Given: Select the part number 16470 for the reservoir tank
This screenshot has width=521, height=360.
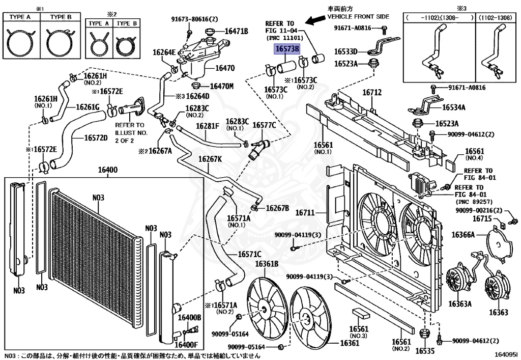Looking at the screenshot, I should pyautogui.click(x=225, y=68).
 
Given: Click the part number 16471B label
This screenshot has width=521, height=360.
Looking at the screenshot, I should pyautogui.click(x=236, y=32).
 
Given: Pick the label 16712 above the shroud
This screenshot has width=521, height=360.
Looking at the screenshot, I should pyautogui.click(x=371, y=93).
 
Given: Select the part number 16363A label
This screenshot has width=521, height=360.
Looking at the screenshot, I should pyautogui.click(x=459, y=304).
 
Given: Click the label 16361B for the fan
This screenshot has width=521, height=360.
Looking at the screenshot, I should pyautogui.click(x=267, y=264).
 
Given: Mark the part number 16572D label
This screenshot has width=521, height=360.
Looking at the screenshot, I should pyautogui.click(x=96, y=137).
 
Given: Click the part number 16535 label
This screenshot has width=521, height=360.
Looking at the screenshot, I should pyautogui.click(x=425, y=351).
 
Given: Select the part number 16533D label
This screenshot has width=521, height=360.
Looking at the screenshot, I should pyautogui.click(x=346, y=51).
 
